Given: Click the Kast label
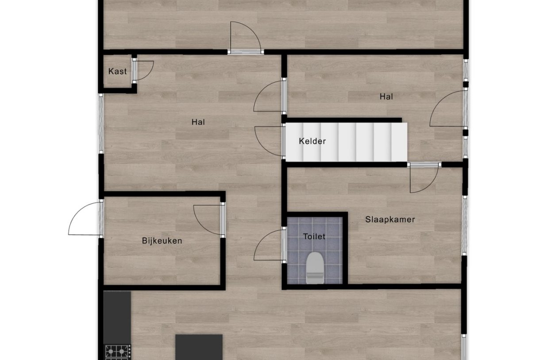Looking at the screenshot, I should point(117,71).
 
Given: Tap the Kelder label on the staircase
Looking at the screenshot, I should point(312,141).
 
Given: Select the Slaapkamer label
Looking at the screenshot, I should point(390,219).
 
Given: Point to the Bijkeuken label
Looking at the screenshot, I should point(162,241).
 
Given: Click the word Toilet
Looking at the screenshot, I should point(314,236).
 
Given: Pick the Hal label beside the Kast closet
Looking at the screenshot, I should point(198,122).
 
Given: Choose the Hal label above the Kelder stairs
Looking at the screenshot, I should point(386,97).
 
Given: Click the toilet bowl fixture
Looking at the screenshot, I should point(314,267).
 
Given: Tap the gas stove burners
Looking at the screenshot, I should point(117,352).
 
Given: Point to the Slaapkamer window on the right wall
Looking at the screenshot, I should point(465,225).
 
